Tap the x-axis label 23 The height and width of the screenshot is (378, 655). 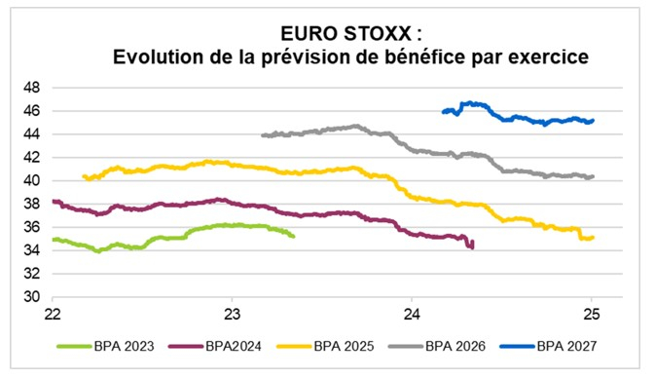pos(233,315)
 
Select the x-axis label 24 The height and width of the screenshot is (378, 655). pos(412,315)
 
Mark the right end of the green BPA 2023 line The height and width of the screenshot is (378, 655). pos(293,235)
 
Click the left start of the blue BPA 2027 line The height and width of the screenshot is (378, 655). pos(443,112)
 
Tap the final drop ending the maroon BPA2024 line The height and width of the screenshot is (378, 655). pos(472,247)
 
